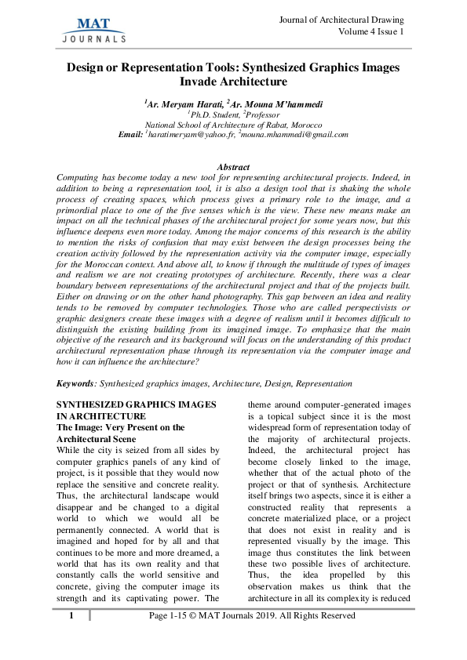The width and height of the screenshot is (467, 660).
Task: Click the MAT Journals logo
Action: point(93,27)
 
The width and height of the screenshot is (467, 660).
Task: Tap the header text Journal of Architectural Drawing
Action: point(341,19)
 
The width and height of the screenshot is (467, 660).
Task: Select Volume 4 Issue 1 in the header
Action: point(371,31)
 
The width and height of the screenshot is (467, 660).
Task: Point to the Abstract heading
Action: point(232,167)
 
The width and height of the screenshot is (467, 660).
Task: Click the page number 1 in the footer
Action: point(71,616)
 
